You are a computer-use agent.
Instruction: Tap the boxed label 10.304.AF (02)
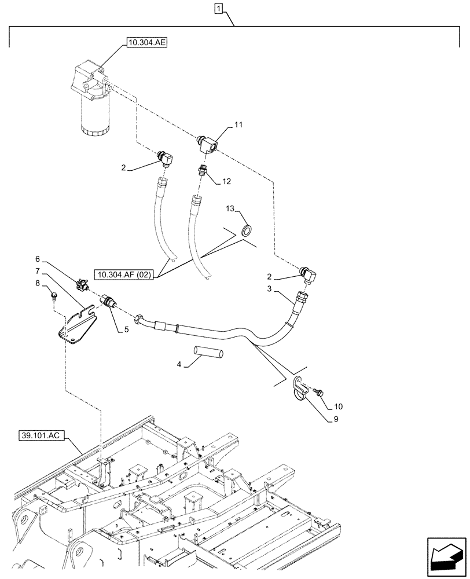[124, 275]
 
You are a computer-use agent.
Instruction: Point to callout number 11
[238, 125]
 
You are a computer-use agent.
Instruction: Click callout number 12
[226, 181]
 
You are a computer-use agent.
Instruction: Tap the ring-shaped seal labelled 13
[247, 230]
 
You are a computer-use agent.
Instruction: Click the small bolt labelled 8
[53, 296]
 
